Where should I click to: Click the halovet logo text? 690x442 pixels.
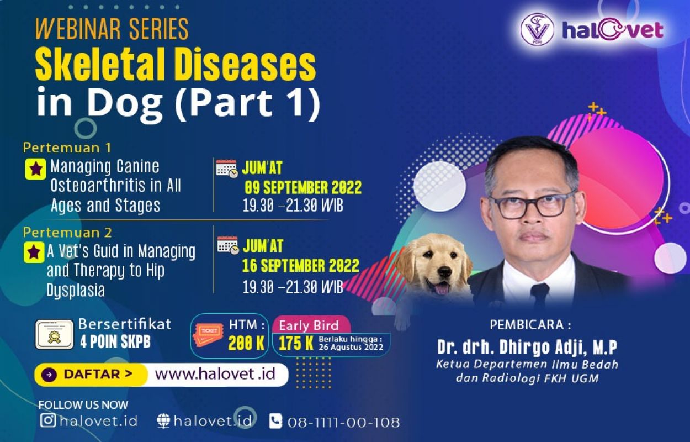(613, 30)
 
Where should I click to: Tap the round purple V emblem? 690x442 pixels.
(537, 30)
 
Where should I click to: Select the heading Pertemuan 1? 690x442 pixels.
(67, 148)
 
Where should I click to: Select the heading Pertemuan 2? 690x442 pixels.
(67, 233)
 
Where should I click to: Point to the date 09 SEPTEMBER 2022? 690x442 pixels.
(303, 187)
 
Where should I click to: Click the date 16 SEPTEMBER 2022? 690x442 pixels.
(301, 266)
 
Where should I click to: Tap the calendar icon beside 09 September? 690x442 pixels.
(227, 169)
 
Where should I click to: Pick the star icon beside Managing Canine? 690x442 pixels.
(35, 169)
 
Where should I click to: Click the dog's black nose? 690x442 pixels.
(444, 271)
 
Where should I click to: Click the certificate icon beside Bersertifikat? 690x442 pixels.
(54, 334)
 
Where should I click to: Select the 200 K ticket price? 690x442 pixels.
(246, 343)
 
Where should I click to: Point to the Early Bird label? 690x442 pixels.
(309, 326)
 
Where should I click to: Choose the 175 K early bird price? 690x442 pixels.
(296, 343)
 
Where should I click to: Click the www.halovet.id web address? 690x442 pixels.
(215, 374)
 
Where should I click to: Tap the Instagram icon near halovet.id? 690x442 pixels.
(48, 420)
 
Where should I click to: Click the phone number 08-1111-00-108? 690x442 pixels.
(343, 422)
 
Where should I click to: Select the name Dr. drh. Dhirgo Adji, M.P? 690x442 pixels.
(527, 348)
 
